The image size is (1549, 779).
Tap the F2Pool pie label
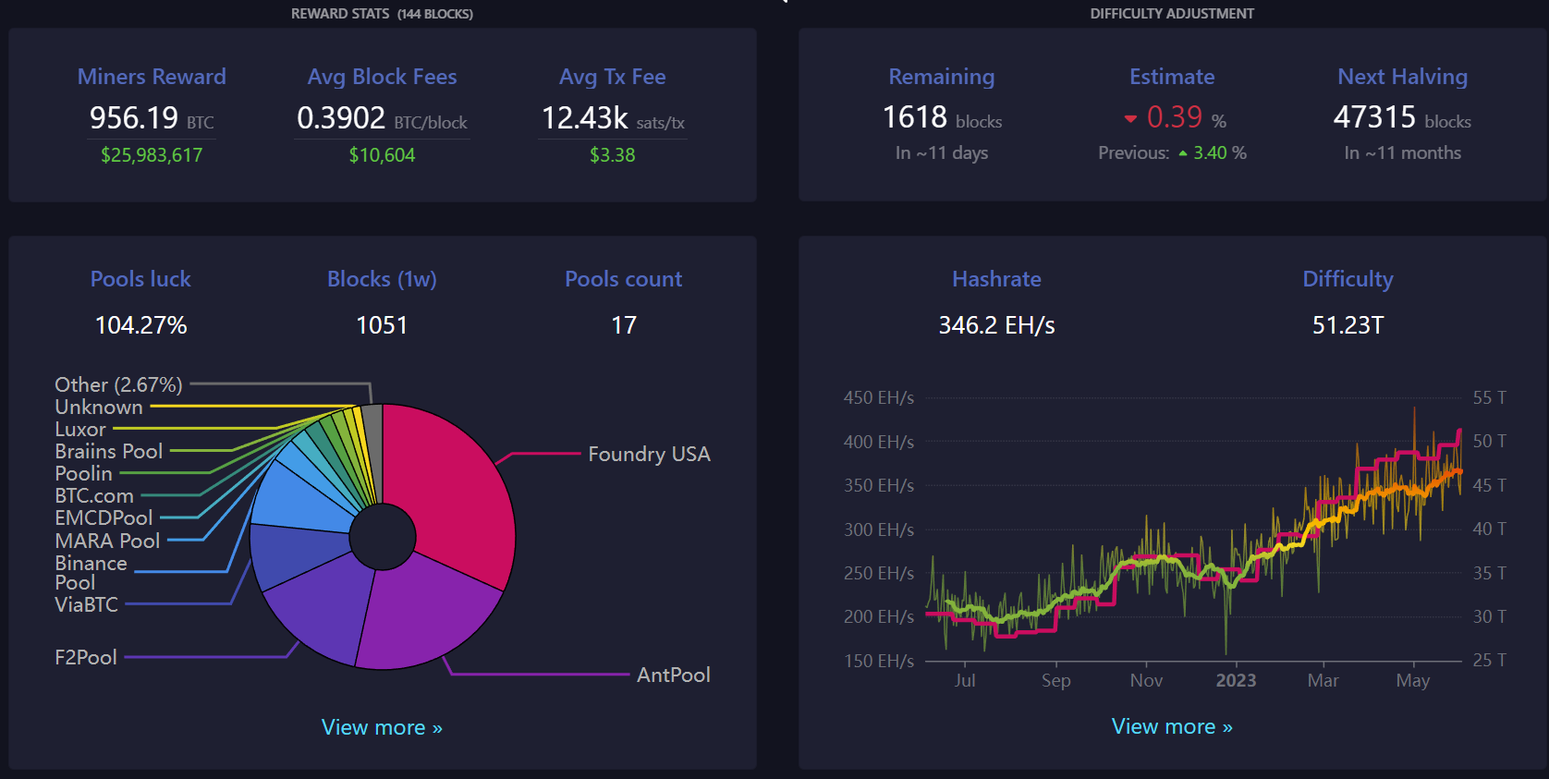pyautogui.click(x=86, y=657)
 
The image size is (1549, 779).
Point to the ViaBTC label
pyautogui.click(x=86, y=604)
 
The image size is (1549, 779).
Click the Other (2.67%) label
pyautogui.click(x=118, y=384)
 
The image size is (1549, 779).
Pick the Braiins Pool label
pyautogui.click(x=108, y=451)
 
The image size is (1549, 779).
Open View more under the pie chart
pyautogui.click(x=382, y=727)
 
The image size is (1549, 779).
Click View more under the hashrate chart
pyautogui.click(x=1172, y=726)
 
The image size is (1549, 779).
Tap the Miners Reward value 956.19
pyautogui.click(x=134, y=118)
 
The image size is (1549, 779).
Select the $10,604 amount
pyautogui.click(x=382, y=155)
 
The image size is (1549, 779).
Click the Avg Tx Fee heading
pyautogui.click(x=612, y=77)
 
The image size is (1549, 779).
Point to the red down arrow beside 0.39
pyautogui.click(x=1130, y=119)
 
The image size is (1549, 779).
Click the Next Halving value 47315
pyautogui.click(x=1374, y=117)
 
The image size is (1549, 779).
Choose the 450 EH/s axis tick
pyautogui.click(x=878, y=397)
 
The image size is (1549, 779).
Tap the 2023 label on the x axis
pyautogui.click(x=1236, y=680)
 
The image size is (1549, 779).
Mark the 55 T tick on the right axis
pyautogui.click(x=1489, y=397)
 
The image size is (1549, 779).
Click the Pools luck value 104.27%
pyautogui.click(x=141, y=325)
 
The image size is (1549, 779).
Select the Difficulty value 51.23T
pyautogui.click(x=1348, y=325)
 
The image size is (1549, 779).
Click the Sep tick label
pyautogui.click(x=1055, y=680)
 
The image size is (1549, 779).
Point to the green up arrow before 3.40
pyautogui.click(x=1183, y=154)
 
